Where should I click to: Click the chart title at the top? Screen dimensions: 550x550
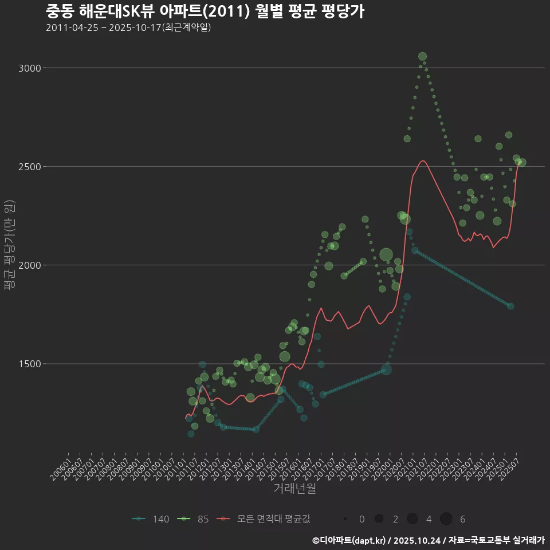[205, 11]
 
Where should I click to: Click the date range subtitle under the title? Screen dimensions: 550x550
[128, 27]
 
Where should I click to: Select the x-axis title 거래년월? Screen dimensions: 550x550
[294, 488]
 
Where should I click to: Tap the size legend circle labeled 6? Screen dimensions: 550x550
[446, 519]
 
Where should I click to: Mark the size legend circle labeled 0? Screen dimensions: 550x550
[345, 519]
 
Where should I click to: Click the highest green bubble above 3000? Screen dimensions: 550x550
[422, 56]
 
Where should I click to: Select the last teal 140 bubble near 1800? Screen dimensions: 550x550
[510, 306]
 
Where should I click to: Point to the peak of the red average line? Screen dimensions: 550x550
[422, 161]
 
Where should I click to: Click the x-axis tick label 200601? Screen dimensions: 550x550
[62, 465]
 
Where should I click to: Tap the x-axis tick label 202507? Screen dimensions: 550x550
[510, 465]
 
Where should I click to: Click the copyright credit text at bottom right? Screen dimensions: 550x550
[428, 540]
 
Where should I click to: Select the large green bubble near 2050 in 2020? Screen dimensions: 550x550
[386, 255]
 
